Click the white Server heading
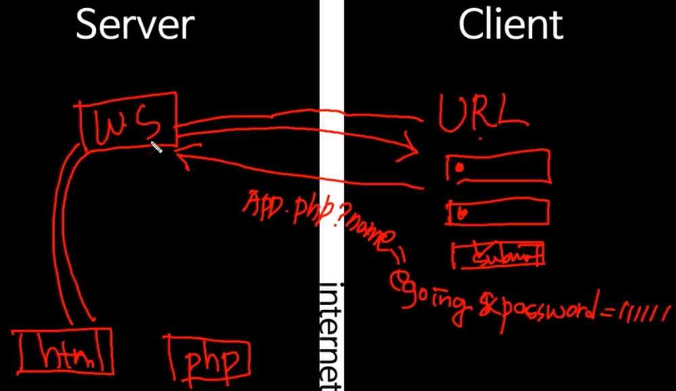(x=135, y=24)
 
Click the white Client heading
(x=510, y=24)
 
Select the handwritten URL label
(x=481, y=114)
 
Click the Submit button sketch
(x=499, y=256)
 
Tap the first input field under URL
(x=498, y=166)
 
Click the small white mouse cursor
(x=156, y=147)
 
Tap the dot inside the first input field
(x=459, y=166)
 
